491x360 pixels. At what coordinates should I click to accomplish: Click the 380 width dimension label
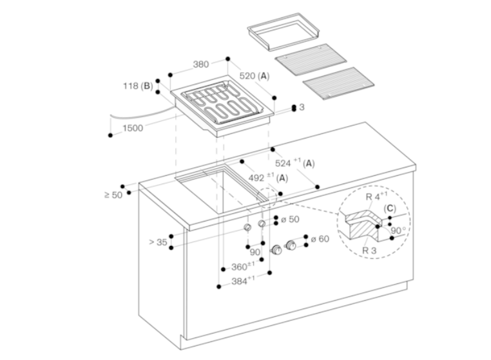(201, 64)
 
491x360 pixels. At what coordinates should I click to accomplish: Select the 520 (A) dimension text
(255, 76)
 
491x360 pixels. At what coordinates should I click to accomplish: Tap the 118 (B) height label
(138, 86)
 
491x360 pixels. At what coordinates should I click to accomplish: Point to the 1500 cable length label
(133, 128)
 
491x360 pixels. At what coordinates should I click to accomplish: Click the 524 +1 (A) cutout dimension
(294, 163)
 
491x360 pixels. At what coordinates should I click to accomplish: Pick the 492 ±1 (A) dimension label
(268, 178)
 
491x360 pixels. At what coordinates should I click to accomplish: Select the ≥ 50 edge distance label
(113, 195)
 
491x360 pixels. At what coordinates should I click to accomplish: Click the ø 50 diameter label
(290, 220)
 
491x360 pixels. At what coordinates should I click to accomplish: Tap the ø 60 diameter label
(320, 239)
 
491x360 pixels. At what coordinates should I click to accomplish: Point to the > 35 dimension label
(158, 242)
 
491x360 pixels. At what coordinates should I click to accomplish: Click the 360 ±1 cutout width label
(243, 267)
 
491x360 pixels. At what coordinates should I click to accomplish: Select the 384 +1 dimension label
(243, 281)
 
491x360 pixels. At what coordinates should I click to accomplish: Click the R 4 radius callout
(376, 196)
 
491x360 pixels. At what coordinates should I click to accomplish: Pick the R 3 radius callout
(369, 251)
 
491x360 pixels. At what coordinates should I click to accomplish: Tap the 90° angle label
(398, 231)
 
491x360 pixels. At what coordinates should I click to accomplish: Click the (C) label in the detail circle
(390, 209)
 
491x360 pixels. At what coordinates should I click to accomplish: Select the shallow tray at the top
(284, 32)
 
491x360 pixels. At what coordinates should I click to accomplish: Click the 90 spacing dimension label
(255, 252)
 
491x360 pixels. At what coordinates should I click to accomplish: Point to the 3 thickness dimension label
(302, 107)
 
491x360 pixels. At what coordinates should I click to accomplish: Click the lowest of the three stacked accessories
(338, 83)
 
